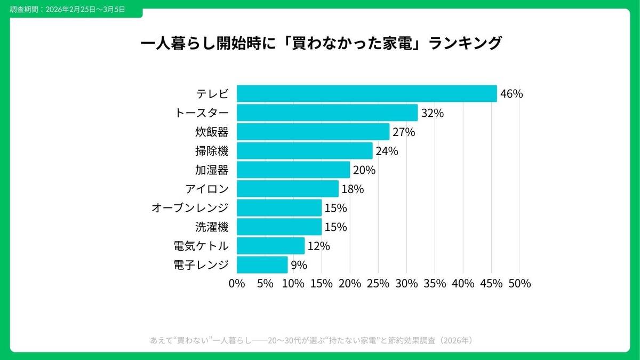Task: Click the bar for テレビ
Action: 366,94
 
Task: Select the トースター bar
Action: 327,113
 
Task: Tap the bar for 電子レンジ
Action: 262,265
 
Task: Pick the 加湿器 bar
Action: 293,170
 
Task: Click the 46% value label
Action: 511,94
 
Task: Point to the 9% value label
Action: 299,265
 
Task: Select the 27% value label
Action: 403,132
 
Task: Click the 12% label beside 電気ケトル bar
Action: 318,246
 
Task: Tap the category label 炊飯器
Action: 212,132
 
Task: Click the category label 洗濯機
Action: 212,227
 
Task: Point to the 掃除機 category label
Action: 212,151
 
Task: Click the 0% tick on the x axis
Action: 237,284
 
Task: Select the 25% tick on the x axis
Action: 378,284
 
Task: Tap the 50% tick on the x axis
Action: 519,284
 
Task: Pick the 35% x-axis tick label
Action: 435,284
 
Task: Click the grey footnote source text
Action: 311,340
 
